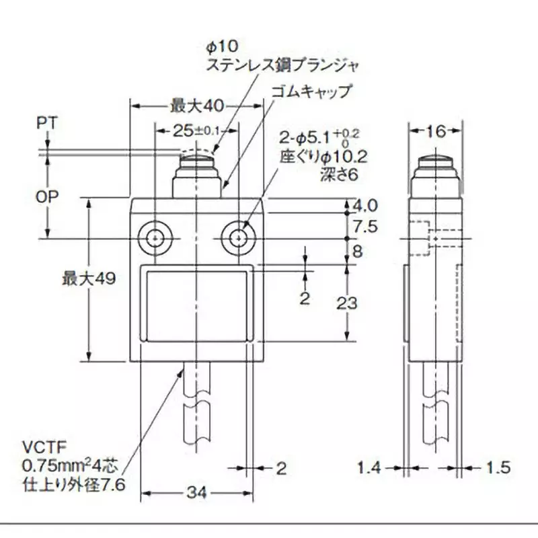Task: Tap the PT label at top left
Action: click(x=47, y=123)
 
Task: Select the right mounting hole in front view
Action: click(x=237, y=237)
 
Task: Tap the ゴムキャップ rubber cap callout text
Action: click(x=311, y=91)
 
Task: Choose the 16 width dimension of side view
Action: click(x=436, y=131)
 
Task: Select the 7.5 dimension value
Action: click(x=367, y=225)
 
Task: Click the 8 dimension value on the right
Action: click(x=357, y=252)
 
